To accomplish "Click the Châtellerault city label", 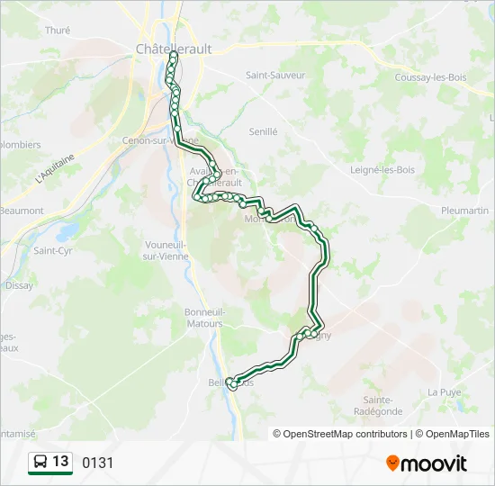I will coord(174,49).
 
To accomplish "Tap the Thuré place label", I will coord(58,30).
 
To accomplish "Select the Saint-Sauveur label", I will coord(275,76).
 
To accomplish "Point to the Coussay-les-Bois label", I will coord(428,77).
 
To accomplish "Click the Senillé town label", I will coord(263,131).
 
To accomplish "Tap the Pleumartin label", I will coord(464,210).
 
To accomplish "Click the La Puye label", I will coord(444,391).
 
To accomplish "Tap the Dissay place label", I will coord(19,285).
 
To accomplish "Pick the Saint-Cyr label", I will coord(52,251).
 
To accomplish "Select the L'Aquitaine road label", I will coord(54,168).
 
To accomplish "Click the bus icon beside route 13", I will coord(40,462).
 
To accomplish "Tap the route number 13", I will coord(60,462).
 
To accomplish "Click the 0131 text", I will coord(98,463).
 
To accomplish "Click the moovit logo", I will coord(427,463).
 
